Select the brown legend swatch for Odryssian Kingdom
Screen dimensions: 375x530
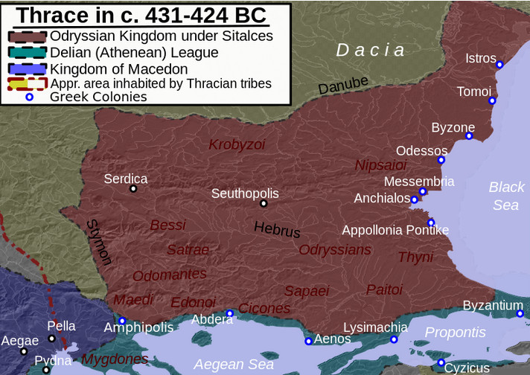tap(26, 36)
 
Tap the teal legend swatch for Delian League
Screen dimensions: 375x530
tap(26, 53)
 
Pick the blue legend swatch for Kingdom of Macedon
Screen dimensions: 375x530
tap(26, 69)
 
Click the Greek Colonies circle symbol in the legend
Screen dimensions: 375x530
tap(30, 97)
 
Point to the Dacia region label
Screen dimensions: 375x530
tap(371, 51)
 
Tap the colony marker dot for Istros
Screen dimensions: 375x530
tap(500, 64)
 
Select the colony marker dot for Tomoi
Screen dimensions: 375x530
tap(492, 100)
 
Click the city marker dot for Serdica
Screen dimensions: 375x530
tap(133, 189)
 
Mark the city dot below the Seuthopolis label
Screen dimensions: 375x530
tap(263, 203)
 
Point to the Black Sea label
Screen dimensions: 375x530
tap(506, 196)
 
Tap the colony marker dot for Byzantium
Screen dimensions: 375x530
tap(520, 313)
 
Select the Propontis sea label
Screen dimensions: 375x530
tap(455, 333)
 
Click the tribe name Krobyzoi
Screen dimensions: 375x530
tap(237, 144)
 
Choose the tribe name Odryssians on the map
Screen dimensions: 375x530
tap(334, 250)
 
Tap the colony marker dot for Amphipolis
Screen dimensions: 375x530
tap(122, 321)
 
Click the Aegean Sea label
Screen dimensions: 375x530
tap(234, 365)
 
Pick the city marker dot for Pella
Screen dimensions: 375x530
tap(51, 339)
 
